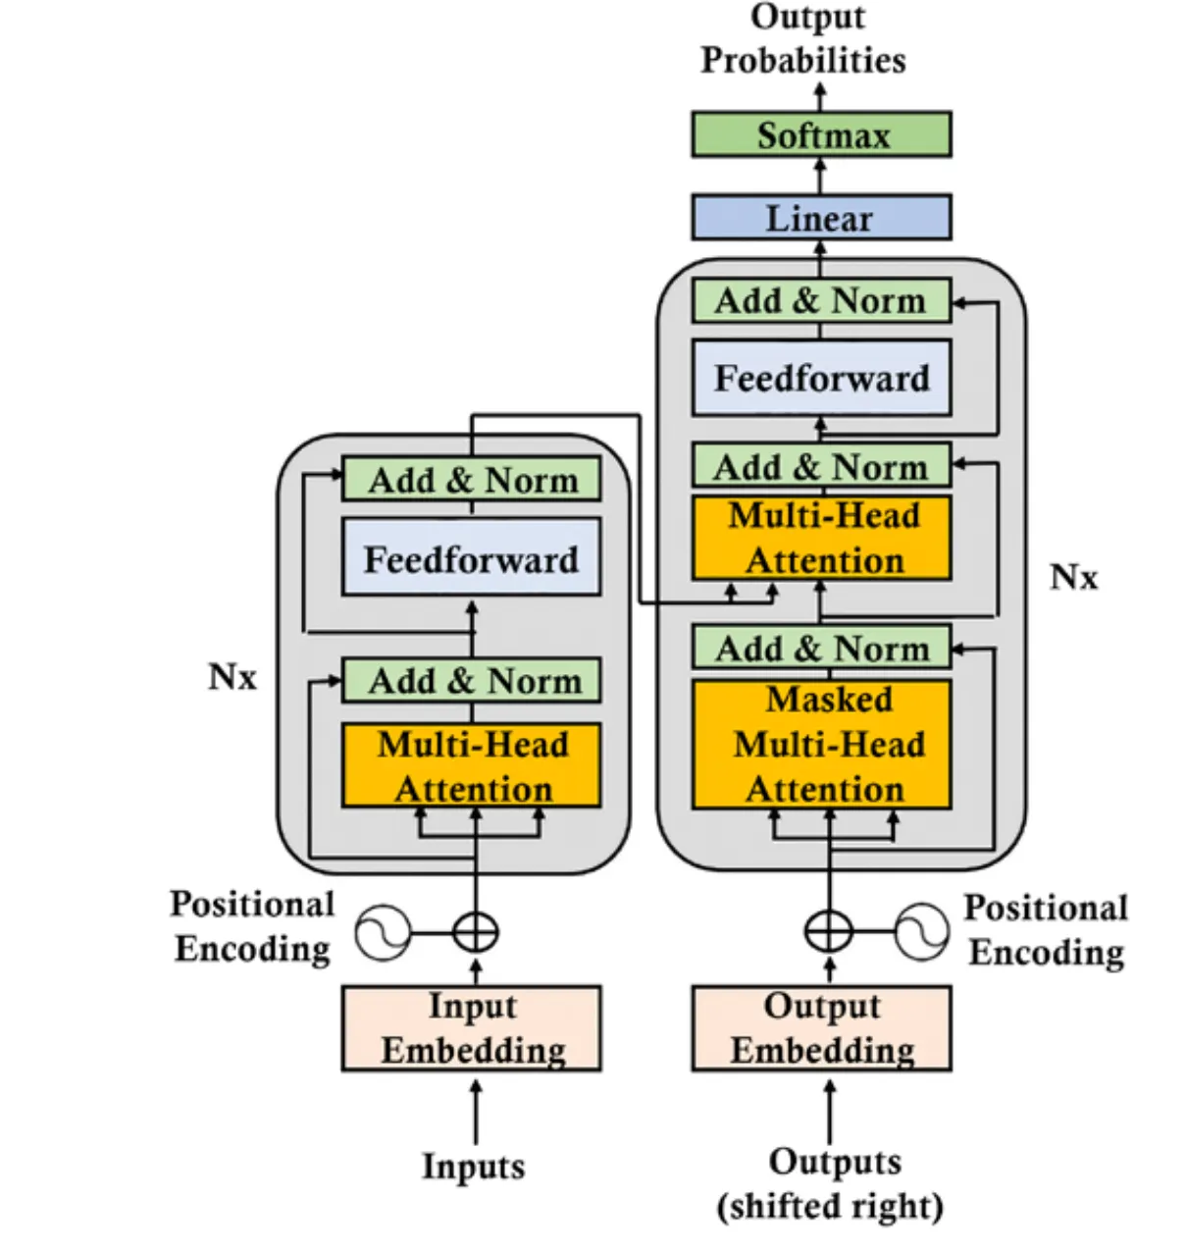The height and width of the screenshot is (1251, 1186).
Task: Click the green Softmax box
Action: [821, 134]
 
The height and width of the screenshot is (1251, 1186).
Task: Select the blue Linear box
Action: [821, 218]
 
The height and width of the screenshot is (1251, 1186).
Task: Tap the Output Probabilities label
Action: [803, 39]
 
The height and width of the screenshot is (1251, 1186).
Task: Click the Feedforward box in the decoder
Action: [821, 378]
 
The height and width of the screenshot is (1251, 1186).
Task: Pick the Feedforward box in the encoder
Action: [471, 558]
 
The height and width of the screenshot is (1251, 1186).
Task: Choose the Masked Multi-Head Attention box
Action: [821, 745]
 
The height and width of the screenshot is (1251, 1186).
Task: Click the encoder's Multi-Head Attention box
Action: [471, 766]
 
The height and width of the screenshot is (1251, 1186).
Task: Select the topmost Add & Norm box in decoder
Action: [821, 300]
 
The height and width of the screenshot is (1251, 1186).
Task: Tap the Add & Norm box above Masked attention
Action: [821, 648]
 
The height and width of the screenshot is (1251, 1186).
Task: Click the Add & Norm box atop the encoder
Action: [471, 480]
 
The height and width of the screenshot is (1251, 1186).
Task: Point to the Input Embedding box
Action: [471, 1028]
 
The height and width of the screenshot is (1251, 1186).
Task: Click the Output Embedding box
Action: [821, 1028]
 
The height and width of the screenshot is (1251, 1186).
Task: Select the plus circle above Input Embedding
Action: [476, 932]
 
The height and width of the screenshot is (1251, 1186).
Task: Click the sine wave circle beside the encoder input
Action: [382, 932]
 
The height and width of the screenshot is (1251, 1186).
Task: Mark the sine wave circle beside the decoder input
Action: [922, 931]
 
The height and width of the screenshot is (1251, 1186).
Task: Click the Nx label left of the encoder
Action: [232, 677]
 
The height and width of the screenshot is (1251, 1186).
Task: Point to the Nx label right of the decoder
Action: [1073, 577]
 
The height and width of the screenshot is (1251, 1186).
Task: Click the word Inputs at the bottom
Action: [473, 1167]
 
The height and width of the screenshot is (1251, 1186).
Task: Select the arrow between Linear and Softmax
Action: [821, 176]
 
